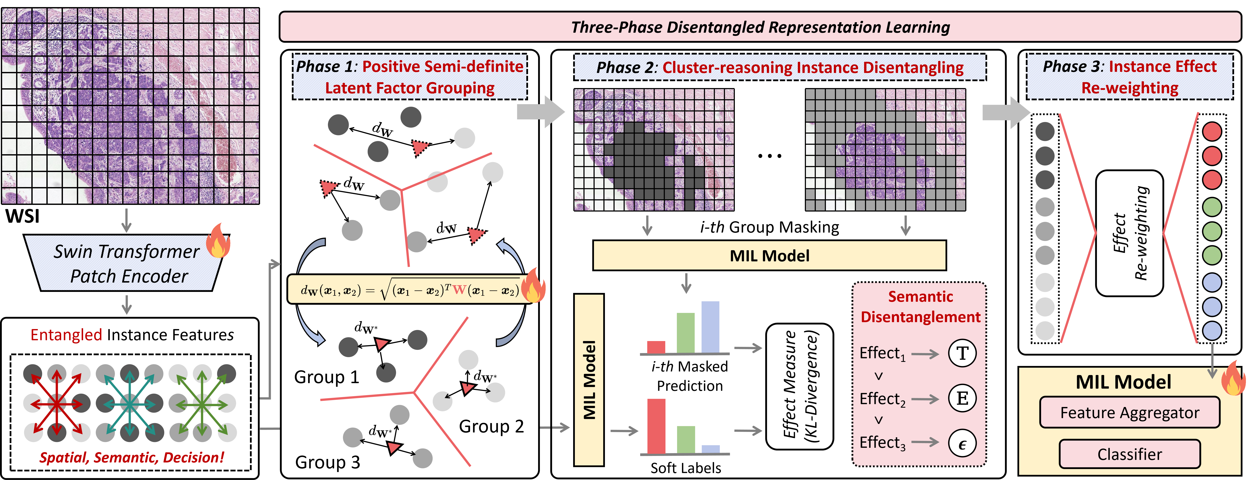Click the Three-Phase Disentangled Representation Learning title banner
point(760,27)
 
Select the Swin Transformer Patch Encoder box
point(127,264)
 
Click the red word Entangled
point(67,335)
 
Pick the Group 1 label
point(327,377)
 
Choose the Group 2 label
point(491,426)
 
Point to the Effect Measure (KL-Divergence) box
point(800,386)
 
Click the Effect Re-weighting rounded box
point(1129,233)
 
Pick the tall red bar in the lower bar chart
point(656,426)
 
